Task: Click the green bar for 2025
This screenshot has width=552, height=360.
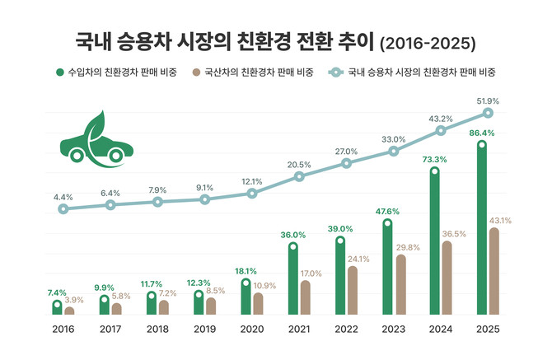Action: pyautogui.click(x=481, y=230)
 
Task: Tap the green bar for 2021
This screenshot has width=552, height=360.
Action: pyautogui.click(x=292, y=280)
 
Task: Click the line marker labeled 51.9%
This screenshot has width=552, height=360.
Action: pyautogui.click(x=488, y=113)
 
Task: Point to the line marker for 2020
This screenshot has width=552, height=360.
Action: pyautogui.click(x=252, y=194)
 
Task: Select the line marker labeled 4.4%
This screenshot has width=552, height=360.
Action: pyautogui.click(x=63, y=209)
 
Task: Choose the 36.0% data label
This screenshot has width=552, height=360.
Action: pyautogui.click(x=292, y=235)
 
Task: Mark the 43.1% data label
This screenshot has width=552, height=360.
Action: pyautogui.click(x=500, y=221)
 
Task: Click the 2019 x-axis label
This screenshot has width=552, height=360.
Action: pyautogui.click(x=204, y=329)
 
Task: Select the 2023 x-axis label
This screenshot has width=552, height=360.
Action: pyautogui.click(x=393, y=329)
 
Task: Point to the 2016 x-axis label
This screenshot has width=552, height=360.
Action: pyautogui.click(x=63, y=329)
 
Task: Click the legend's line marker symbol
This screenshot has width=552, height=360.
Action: pyautogui.click(x=335, y=72)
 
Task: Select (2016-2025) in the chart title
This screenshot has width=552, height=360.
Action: pyautogui.click(x=428, y=41)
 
